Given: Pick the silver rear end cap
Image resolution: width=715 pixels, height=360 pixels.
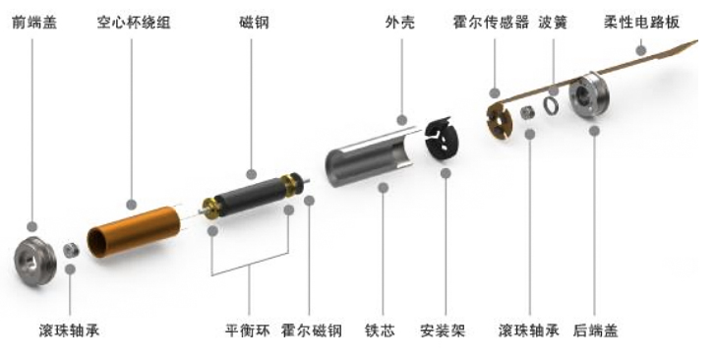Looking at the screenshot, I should [x=594, y=99].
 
